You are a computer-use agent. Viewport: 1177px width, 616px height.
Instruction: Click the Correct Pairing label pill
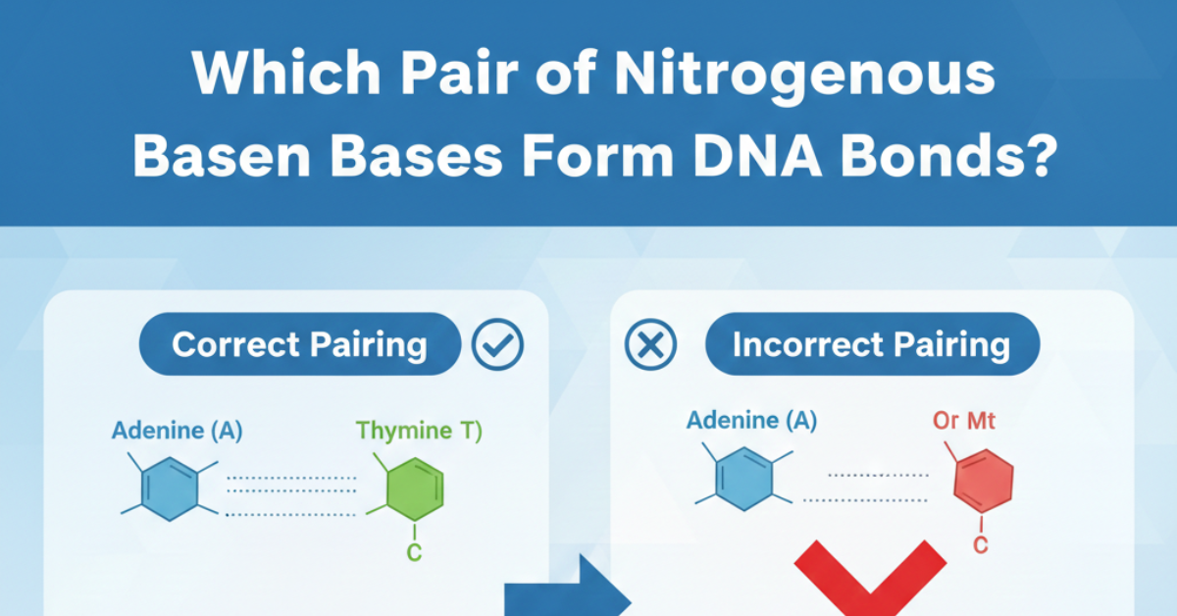pyautogui.click(x=299, y=344)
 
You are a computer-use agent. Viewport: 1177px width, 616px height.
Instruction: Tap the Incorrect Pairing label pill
pyautogui.click(x=871, y=344)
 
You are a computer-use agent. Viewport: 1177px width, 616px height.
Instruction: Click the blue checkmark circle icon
pyautogui.click(x=497, y=344)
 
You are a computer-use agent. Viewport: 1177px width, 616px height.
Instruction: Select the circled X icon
pyautogui.click(x=652, y=345)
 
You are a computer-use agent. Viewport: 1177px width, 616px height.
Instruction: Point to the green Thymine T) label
pyautogui.click(x=419, y=431)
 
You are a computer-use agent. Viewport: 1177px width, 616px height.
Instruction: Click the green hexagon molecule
pyautogui.click(x=410, y=488)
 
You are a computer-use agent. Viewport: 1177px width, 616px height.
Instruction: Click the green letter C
pyautogui.click(x=414, y=553)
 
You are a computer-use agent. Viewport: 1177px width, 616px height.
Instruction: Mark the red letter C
pyautogui.click(x=980, y=546)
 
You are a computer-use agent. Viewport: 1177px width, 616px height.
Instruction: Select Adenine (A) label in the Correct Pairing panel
pyautogui.click(x=177, y=430)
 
